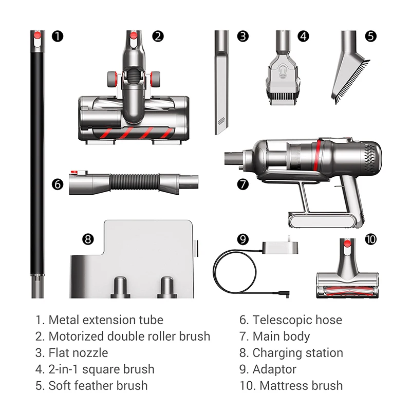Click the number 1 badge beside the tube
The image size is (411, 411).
tap(58, 36)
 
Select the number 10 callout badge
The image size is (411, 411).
tap(371, 239)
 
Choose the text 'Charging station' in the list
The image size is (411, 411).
tap(297, 353)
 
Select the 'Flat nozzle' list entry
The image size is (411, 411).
tap(78, 353)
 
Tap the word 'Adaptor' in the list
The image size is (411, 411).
tap(274, 369)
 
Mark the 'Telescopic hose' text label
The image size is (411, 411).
tap(297, 320)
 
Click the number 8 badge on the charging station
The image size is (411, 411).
tap(88, 239)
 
